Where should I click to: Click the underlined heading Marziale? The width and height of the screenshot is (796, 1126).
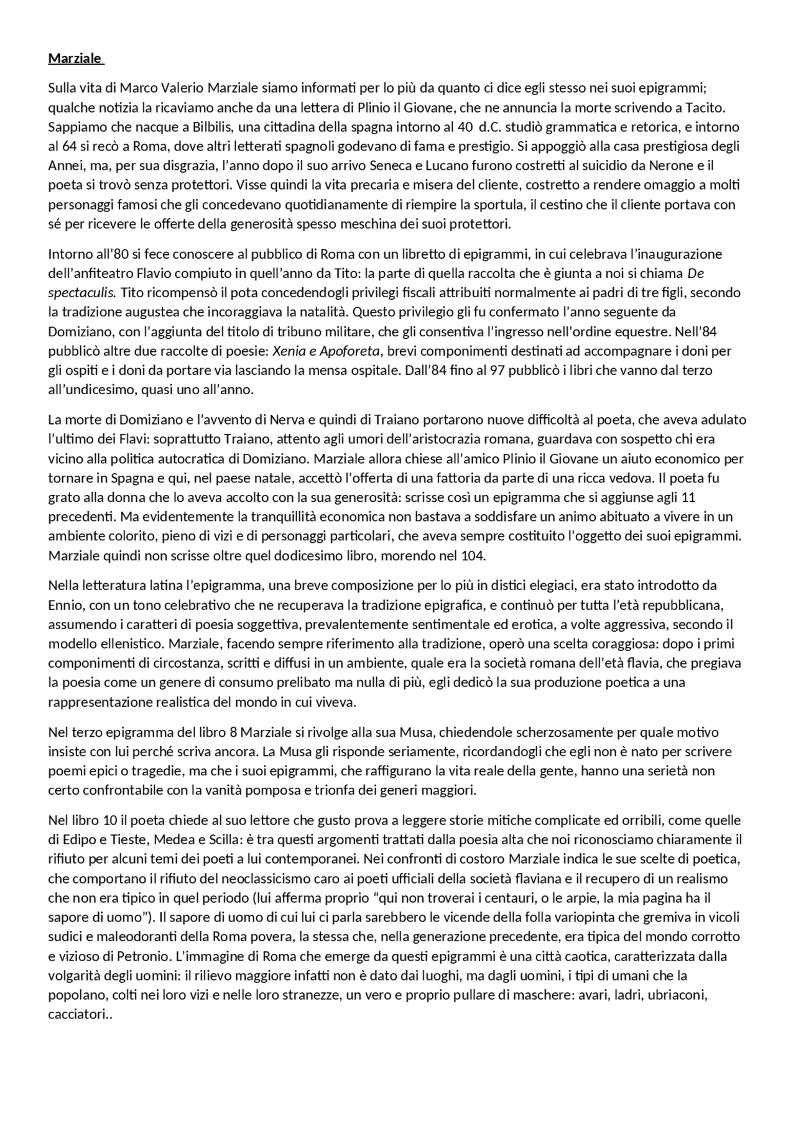[75, 58]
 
